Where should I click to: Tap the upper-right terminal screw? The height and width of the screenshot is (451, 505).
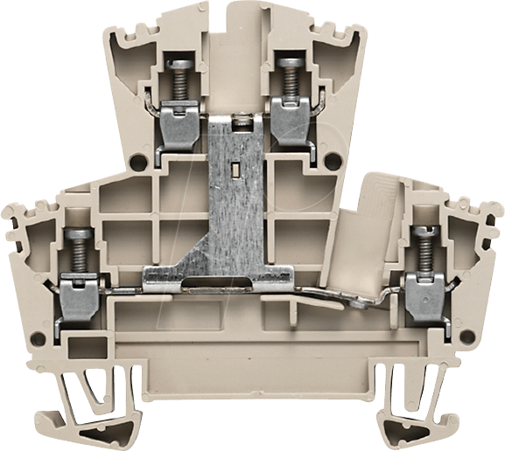286,73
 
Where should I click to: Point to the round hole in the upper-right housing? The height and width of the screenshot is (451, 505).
327,163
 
